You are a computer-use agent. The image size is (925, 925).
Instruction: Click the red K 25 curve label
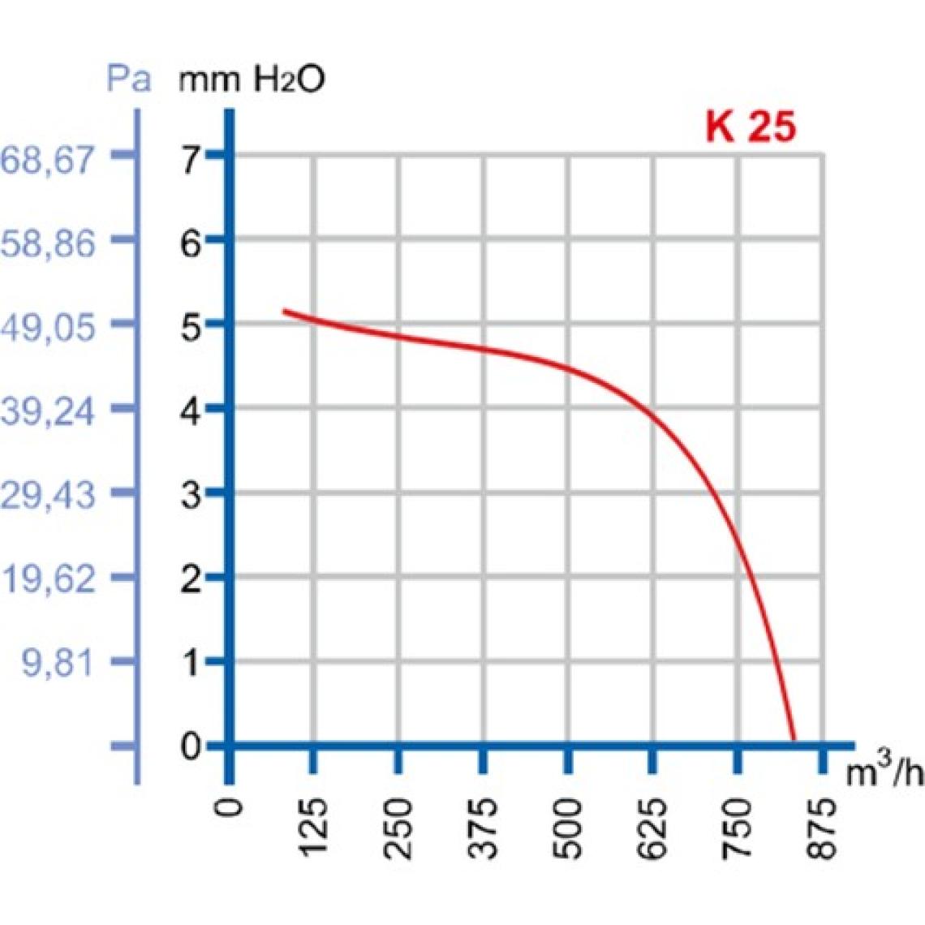point(751,127)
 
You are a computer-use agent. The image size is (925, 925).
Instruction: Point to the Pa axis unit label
point(129,80)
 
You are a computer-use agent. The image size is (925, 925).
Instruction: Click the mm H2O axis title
point(252,80)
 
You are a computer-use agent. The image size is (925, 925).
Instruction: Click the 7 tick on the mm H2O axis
point(191,159)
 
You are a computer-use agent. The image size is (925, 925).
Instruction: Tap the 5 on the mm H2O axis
point(191,328)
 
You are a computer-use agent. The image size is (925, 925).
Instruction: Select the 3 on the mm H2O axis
point(191,495)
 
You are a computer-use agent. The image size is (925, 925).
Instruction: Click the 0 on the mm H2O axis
point(191,745)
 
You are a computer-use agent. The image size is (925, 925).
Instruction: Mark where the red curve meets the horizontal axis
point(794,741)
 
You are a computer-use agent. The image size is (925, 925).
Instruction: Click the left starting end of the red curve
point(284,311)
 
